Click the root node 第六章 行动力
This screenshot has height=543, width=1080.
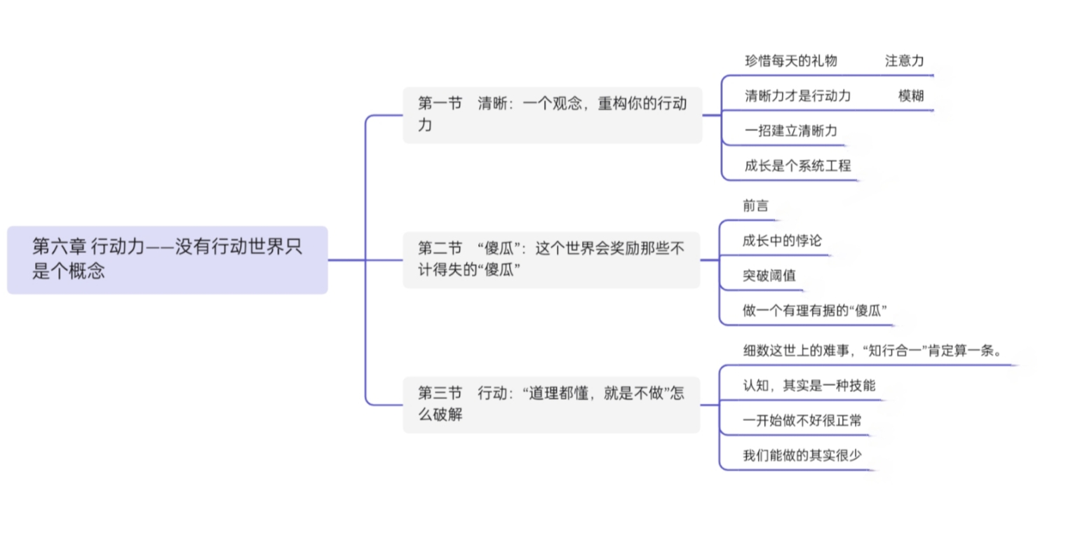click(x=168, y=260)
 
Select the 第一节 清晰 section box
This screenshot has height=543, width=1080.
click(x=553, y=115)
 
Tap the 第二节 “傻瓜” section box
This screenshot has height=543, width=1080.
click(x=551, y=260)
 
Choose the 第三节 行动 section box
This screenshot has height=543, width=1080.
click(x=551, y=405)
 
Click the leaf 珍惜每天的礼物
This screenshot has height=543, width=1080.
click(x=791, y=61)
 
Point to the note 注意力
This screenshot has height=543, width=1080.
click(x=905, y=61)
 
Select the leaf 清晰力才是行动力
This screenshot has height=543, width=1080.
click(x=797, y=96)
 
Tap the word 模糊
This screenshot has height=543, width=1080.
click(x=911, y=96)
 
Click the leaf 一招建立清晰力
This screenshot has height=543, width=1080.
click(x=791, y=130)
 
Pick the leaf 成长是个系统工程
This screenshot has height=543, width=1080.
click(x=797, y=166)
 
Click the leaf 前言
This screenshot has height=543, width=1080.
click(x=755, y=206)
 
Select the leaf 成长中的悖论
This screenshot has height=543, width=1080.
click(x=782, y=241)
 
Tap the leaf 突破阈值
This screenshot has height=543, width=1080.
click(x=769, y=275)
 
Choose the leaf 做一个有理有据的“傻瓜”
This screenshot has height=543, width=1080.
click(x=814, y=310)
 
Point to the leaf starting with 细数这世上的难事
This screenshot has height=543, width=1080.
click(x=872, y=351)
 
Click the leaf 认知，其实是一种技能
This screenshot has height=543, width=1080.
click(x=809, y=385)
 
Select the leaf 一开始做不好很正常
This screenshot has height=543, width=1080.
click(x=802, y=420)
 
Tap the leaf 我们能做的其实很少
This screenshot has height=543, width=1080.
click(x=802, y=455)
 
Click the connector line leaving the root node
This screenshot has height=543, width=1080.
click(x=346, y=260)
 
